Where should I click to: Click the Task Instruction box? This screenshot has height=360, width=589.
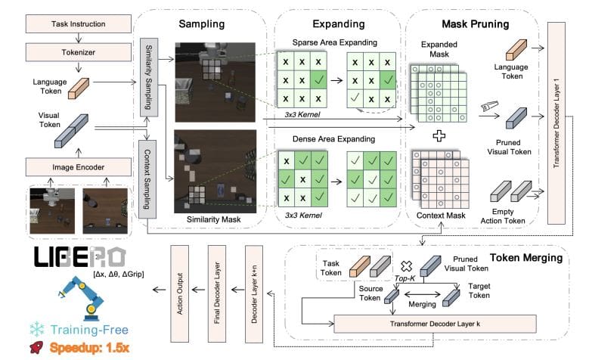click(x=70, y=25)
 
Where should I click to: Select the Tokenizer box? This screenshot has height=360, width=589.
click(x=70, y=52)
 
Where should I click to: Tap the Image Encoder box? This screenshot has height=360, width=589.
click(x=70, y=166)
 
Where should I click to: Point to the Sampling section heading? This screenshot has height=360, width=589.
click(x=202, y=24)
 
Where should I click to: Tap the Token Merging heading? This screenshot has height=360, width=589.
click(x=525, y=258)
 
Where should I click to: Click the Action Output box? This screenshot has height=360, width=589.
click(x=181, y=287)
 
